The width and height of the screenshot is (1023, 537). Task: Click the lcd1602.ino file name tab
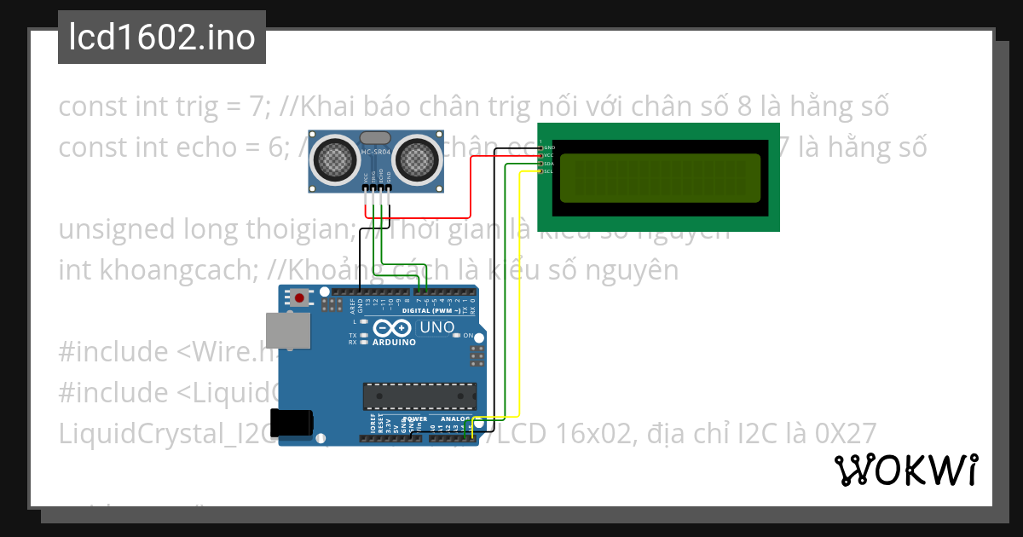[162, 38]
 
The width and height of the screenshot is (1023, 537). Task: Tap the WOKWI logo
[905, 470]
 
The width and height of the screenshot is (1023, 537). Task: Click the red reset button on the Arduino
[300, 297]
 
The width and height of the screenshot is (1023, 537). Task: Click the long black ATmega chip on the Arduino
[419, 396]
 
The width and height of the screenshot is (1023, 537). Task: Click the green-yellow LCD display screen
[659, 177]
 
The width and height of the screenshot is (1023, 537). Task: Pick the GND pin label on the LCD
[550, 147]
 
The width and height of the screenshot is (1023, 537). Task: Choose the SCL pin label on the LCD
[550, 171]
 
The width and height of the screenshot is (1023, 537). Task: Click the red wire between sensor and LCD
[471, 188]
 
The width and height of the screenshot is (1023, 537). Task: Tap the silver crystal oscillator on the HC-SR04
[375, 137]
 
